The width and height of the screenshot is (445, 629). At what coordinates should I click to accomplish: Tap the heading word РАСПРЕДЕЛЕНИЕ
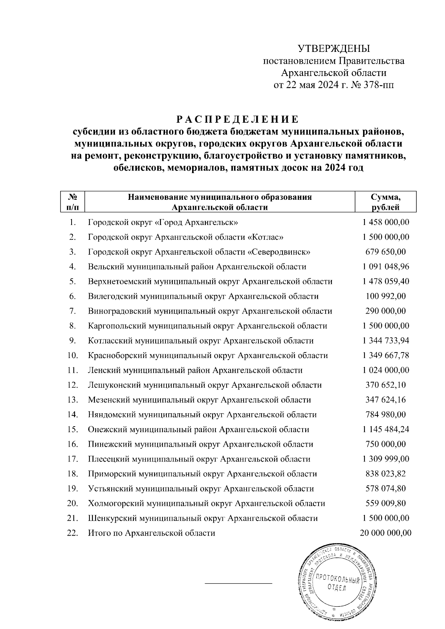point(237,120)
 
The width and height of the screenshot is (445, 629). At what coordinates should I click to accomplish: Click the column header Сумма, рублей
point(386,202)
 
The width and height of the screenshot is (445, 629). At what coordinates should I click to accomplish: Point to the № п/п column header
point(73,202)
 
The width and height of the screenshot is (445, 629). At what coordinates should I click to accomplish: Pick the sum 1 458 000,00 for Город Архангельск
point(386,222)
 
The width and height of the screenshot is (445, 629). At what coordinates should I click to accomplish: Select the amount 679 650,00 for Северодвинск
point(386,252)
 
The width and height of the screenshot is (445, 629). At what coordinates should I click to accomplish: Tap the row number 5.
point(73,282)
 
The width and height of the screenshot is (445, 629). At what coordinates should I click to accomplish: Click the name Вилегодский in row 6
point(110,297)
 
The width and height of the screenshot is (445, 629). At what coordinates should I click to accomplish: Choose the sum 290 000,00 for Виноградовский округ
point(386,311)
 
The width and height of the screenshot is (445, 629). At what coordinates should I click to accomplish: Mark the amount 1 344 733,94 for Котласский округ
point(386,341)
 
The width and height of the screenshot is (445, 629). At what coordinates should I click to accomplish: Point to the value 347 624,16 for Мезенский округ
point(386,400)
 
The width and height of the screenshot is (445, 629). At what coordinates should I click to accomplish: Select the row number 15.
point(73,430)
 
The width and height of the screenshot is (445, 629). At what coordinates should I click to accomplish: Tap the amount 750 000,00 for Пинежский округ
point(386,444)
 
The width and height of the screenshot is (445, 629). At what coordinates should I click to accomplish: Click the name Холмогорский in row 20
point(116,504)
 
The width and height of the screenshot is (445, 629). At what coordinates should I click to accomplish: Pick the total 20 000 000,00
point(386,533)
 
